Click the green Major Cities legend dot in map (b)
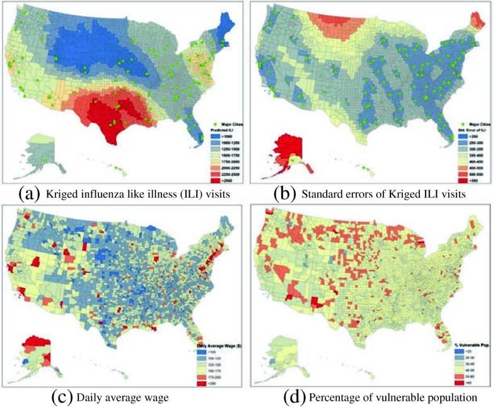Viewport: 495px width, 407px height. pyautogui.click(x=464, y=124)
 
